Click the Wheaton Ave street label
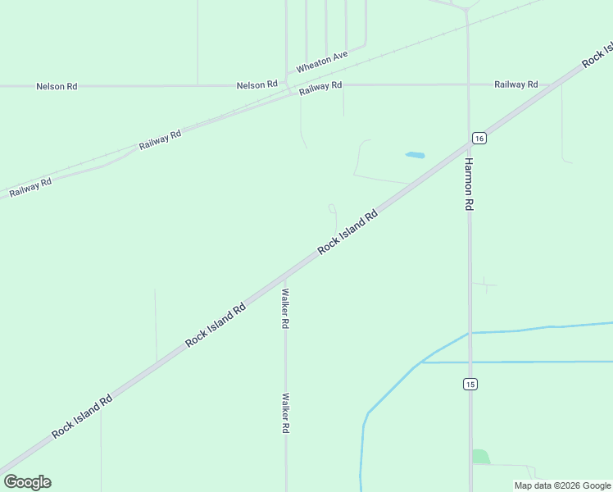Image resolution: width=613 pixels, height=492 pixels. tap(322, 61)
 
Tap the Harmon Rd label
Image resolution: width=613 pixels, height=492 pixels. tap(470, 184)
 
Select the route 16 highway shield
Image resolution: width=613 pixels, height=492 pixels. tap(479, 139)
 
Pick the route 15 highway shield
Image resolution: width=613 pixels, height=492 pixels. tap(470, 384)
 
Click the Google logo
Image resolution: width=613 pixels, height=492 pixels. tap(27, 482)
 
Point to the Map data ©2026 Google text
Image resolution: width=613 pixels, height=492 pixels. tap(562, 485)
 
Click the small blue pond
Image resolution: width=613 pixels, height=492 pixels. tap(415, 154)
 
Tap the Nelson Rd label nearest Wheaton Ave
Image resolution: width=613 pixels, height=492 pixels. tap(257, 85)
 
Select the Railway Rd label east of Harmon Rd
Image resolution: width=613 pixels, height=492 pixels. tap(515, 84)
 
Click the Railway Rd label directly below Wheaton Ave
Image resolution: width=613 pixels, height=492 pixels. tap(320, 87)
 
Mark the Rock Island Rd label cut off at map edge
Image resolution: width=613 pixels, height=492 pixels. tap(597, 54)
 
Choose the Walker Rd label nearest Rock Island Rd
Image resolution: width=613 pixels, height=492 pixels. tap(285, 308)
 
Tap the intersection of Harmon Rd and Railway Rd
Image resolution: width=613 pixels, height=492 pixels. tap(468, 84)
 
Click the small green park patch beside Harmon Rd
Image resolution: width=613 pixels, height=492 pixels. tap(480, 457)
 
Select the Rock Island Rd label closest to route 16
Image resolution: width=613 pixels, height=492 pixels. tap(347, 231)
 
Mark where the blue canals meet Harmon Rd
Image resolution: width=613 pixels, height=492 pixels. tap(470, 333)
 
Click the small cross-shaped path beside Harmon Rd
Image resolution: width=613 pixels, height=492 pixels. tap(485, 285)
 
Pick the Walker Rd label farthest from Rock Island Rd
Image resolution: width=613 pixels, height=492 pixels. tap(285, 413)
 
